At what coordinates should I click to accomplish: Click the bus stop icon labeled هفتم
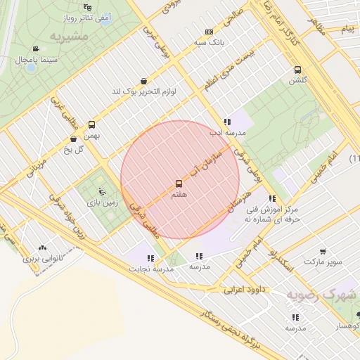click(x=179, y=184)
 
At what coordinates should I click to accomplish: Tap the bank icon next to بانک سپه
click(x=209, y=32)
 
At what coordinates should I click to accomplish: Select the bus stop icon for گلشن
click(x=298, y=70)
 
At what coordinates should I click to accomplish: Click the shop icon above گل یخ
click(x=74, y=139)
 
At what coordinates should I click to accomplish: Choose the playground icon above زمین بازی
click(x=103, y=191)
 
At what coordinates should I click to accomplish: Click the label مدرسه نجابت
click(x=144, y=269)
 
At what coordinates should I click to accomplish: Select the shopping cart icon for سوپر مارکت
click(x=323, y=252)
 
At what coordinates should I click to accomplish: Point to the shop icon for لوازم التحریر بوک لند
click(x=144, y=81)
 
